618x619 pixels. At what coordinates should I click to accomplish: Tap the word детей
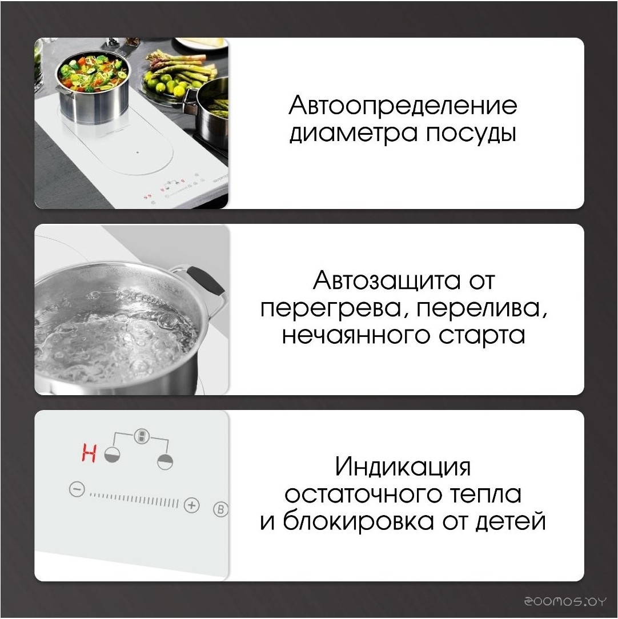511,522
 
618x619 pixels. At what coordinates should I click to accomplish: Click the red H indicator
89,453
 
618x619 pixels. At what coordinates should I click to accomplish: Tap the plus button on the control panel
192,505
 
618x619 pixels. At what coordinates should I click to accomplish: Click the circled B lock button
220,509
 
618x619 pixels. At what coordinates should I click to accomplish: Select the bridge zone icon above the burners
141,436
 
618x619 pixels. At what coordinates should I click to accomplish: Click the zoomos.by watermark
565,601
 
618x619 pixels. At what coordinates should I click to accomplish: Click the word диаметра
354,134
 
